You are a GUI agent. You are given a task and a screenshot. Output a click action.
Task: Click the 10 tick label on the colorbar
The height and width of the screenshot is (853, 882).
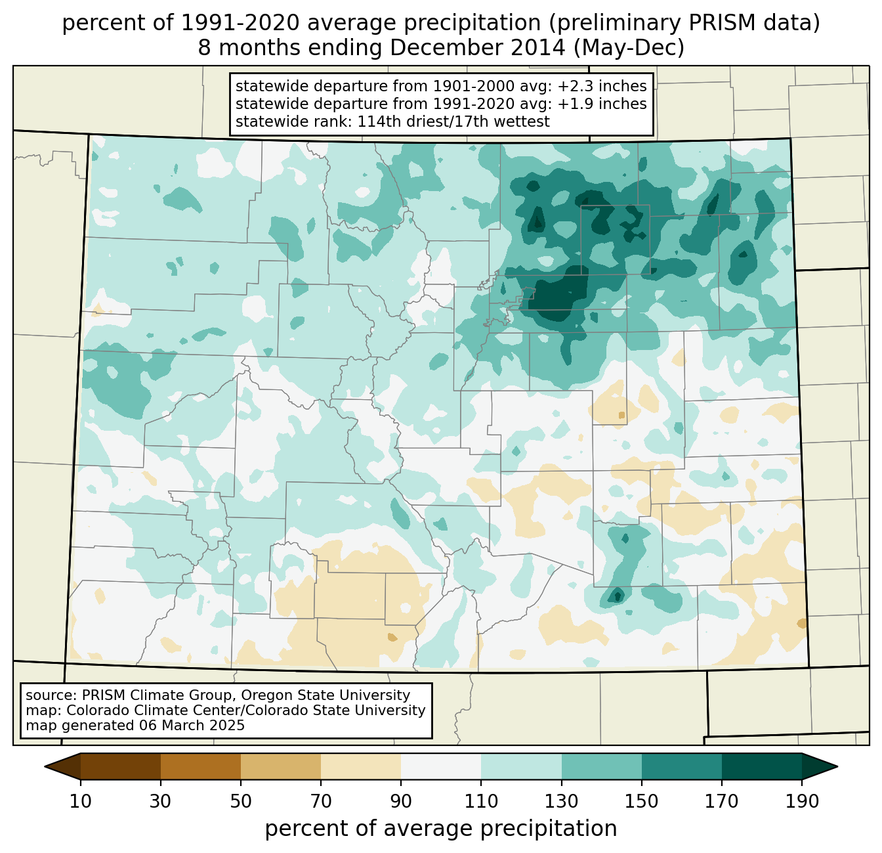tap(81, 801)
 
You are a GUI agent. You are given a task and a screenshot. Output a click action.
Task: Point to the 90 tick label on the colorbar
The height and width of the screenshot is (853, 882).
tap(401, 801)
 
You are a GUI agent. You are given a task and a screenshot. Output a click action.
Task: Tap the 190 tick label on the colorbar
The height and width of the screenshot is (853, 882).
tap(801, 801)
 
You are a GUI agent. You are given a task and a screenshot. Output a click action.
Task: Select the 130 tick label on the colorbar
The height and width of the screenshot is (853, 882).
tap(561, 801)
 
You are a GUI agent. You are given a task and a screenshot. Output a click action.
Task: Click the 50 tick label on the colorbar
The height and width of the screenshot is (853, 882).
tap(241, 801)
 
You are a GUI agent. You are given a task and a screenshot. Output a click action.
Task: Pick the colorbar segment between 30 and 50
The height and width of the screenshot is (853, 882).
tap(201, 766)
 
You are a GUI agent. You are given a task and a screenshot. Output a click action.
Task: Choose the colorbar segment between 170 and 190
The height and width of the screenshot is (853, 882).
tap(761, 766)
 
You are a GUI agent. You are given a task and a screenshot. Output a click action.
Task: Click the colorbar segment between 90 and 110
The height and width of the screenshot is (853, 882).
tap(441, 766)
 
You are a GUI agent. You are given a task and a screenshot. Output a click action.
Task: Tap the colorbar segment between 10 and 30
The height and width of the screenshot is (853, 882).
tap(121, 766)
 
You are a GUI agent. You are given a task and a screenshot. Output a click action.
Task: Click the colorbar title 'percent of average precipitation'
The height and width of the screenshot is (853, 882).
tap(441, 829)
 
